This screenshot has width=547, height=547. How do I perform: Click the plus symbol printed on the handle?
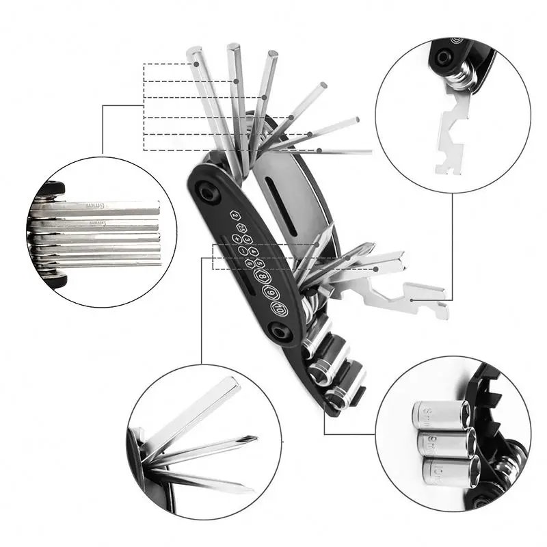(237, 239)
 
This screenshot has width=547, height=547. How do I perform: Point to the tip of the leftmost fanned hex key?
(193, 52)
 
